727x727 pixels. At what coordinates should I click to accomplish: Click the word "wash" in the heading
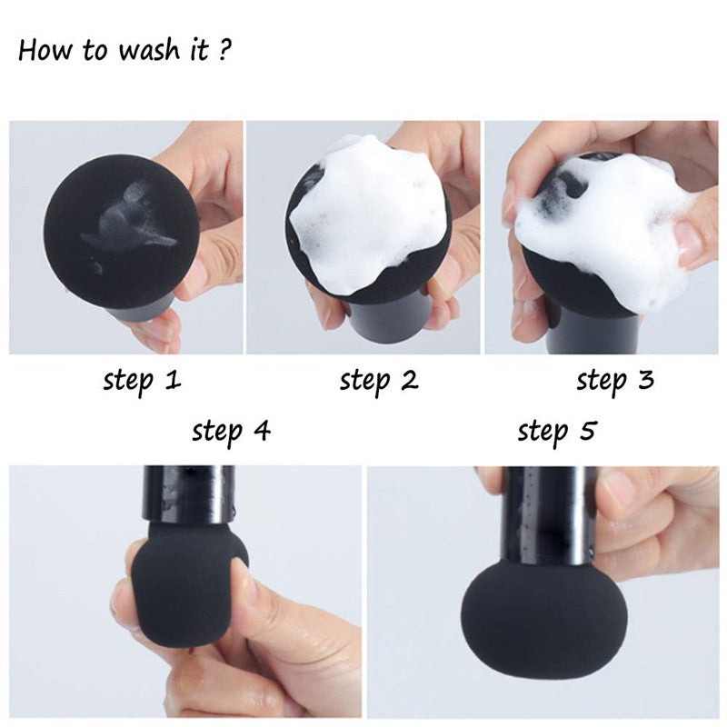pos(148,50)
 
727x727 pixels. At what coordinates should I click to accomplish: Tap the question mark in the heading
pos(224,49)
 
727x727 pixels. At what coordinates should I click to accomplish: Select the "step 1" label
pos(142,381)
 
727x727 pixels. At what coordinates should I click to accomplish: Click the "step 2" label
pos(379,381)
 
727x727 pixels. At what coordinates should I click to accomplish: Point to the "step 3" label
pos(615,381)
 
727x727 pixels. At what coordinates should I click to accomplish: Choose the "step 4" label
pos(232,433)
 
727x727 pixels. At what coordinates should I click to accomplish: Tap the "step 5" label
pos(557,433)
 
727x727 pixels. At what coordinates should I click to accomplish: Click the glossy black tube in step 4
pos(189,495)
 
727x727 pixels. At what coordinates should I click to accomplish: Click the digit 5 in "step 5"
pos(587,430)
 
